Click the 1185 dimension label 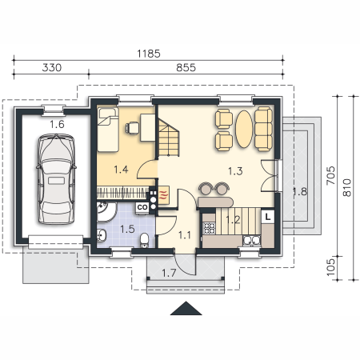click(x=149, y=54)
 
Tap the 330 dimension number click(x=52, y=67)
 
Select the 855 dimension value click(x=186, y=67)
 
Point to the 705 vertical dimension click(x=330, y=175)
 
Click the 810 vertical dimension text click(x=346, y=188)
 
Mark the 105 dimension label click(x=330, y=267)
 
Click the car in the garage click(x=56, y=178)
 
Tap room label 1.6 click(x=57, y=124)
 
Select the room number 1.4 click(x=121, y=170)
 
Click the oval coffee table click(x=244, y=129)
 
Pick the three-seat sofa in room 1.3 click(x=263, y=129)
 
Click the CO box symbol click(x=142, y=207)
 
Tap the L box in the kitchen click(x=268, y=216)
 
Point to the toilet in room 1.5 click(x=145, y=240)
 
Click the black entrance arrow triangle click(x=186, y=309)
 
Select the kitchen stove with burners click(x=209, y=228)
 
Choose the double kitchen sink click(x=251, y=240)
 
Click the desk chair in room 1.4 click(x=132, y=127)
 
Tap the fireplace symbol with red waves click(x=164, y=195)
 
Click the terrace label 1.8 click(x=300, y=191)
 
